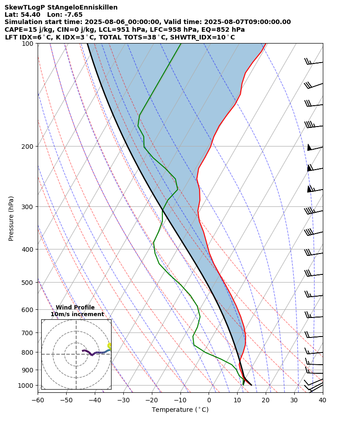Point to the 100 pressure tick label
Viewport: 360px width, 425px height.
28,44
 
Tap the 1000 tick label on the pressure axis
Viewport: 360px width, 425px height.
26,386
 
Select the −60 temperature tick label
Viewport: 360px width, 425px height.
38,400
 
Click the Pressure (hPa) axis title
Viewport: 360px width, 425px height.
11,218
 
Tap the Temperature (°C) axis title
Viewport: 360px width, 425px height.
180,410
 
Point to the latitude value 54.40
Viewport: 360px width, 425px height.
32,15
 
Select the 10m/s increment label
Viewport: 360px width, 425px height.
77,314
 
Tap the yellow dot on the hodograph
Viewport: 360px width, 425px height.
109,346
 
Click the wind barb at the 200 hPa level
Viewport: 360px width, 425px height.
315,148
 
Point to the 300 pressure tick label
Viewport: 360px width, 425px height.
28,207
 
